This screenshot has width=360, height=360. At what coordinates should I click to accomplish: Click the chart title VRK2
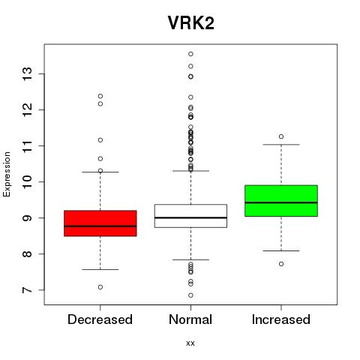(190, 23)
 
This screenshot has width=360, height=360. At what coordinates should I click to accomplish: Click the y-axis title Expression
(7, 174)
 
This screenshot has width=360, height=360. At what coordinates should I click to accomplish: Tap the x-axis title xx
(190, 343)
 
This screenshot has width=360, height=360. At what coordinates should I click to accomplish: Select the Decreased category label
(100, 319)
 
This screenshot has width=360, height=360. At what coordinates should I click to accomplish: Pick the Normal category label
(190, 319)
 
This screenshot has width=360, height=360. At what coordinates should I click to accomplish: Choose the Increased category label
(281, 319)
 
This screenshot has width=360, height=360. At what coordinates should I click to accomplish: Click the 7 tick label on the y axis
(27, 290)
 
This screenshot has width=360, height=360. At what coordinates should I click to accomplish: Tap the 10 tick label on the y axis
(27, 181)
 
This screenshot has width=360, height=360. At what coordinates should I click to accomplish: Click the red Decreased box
(100, 223)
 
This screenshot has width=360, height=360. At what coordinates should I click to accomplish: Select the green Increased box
(281, 201)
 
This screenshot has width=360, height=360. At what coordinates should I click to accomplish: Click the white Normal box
(190, 216)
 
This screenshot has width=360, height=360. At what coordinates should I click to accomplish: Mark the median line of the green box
(281, 202)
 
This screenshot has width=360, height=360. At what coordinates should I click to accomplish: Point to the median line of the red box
(100, 226)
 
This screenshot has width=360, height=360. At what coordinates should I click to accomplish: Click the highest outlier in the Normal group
(190, 54)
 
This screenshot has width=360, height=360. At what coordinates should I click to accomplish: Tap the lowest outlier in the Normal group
(190, 295)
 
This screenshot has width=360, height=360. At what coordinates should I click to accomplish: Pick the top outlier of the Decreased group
(100, 96)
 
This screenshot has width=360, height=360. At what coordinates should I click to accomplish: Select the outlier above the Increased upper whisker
(281, 136)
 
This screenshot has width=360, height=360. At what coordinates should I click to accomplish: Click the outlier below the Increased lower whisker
(281, 264)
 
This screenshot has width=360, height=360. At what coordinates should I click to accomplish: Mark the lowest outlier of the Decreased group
(100, 287)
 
